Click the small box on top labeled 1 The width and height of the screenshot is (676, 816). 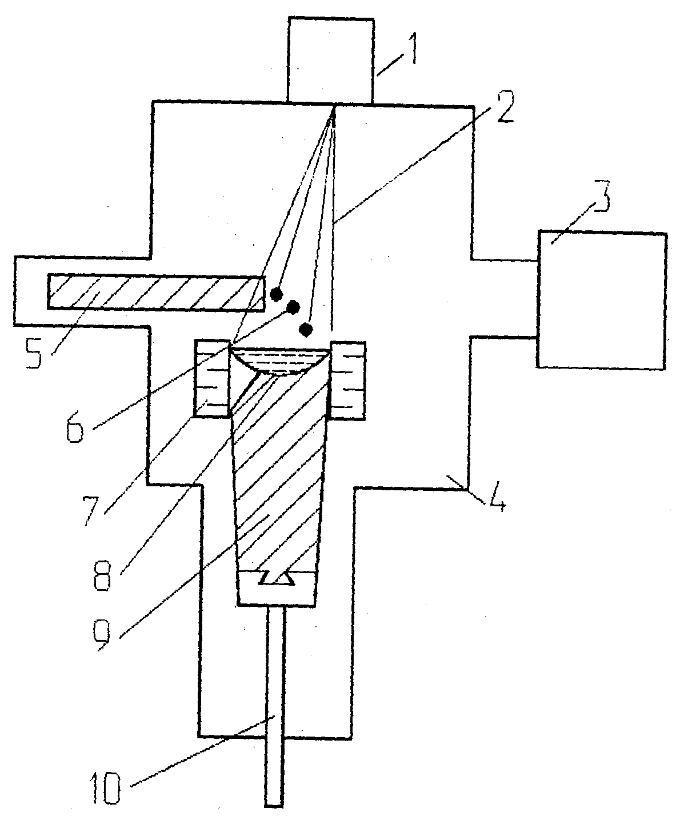330,60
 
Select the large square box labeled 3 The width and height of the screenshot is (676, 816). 601,299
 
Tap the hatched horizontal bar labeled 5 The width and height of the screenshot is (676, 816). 156,293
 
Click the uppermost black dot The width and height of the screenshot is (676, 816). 277,294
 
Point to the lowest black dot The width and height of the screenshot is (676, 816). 306,329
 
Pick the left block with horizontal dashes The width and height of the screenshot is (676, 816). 213,379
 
